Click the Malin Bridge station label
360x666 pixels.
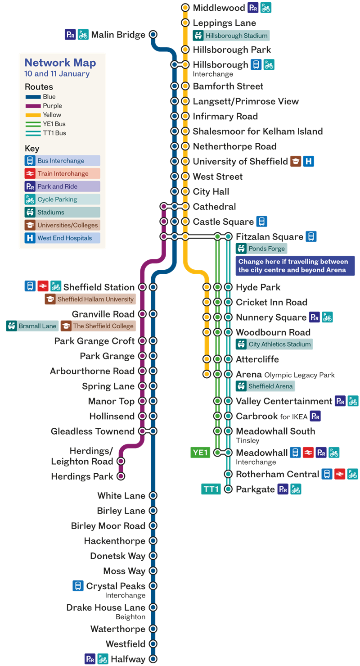coord(118,35)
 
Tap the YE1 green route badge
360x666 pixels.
coord(200,453)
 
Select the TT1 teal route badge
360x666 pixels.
coord(211,489)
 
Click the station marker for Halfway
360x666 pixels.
coord(153,659)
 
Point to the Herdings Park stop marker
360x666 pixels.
coord(121,476)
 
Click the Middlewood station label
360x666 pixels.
coord(219,8)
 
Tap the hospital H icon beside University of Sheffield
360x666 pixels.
coord(309,161)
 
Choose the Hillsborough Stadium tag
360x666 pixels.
coord(231,36)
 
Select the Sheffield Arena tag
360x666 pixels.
coord(265,386)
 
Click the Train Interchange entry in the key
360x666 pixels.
coord(62,173)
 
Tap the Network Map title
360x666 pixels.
coord(60,63)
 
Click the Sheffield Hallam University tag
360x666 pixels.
coord(90,299)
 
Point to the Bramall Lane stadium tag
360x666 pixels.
coord(32,326)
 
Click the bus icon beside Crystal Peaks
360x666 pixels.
coord(78,586)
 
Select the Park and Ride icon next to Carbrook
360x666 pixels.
coord(315,416)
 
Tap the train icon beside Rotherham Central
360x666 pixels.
coord(340,474)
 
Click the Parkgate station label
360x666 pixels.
coord(255,489)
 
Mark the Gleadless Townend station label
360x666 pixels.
coord(92,431)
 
